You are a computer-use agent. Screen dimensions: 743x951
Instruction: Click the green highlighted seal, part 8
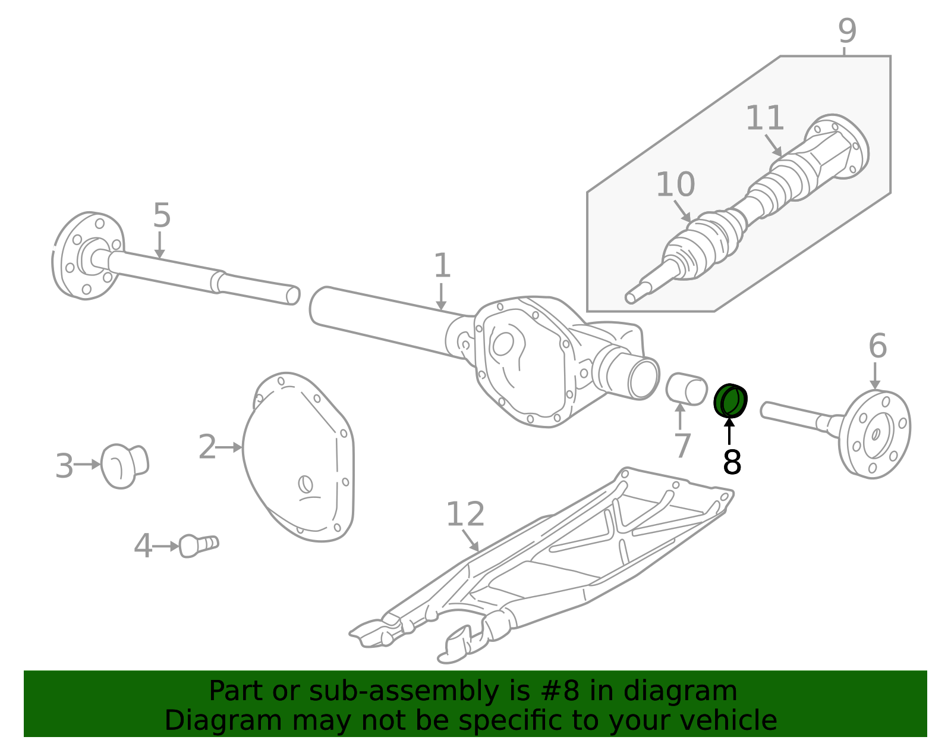pyautogui.click(x=730, y=400)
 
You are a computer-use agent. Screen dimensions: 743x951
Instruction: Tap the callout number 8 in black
pyautogui.click(x=732, y=462)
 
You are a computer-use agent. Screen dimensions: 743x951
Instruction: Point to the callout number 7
pyautogui.click(x=682, y=446)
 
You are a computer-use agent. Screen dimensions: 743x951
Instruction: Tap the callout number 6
pyautogui.click(x=877, y=346)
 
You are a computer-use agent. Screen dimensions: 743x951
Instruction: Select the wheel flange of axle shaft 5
pyautogui.click(x=88, y=256)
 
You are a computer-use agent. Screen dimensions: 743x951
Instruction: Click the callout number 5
pyautogui.click(x=161, y=215)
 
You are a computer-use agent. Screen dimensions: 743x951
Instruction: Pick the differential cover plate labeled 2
pyautogui.click(x=300, y=458)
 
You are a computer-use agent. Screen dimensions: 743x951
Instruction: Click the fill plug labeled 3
pyautogui.click(x=124, y=465)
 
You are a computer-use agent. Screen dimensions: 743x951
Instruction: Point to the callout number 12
pyautogui.click(x=465, y=515)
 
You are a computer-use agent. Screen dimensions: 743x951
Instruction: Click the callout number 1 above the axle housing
pyautogui.click(x=442, y=266)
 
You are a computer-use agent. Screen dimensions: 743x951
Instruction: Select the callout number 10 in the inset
pyautogui.click(x=675, y=185)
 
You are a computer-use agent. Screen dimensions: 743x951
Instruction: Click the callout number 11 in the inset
pyautogui.click(x=764, y=118)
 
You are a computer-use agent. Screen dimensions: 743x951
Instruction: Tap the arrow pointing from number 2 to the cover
pyautogui.click(x=229, y=447)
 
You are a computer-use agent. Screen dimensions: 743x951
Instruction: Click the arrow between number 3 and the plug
pyautogui.click(x=87, y=465)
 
